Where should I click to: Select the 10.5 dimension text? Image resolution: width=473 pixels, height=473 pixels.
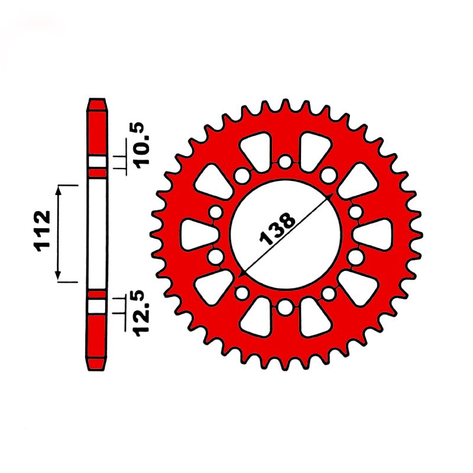coord(142,145)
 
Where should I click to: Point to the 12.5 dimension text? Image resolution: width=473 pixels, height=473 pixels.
coord(142,313)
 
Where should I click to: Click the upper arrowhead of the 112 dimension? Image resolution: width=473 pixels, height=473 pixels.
coord(59,190)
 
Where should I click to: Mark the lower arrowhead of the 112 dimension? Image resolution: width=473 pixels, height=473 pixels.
coord(59,275)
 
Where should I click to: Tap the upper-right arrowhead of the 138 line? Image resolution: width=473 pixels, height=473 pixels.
coord(329,197)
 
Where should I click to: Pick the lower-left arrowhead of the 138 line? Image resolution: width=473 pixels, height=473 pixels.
coord(242,273)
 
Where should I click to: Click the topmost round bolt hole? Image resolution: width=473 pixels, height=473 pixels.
coord(285,162)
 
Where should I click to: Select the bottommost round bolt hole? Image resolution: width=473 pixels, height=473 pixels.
coord(285,307)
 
